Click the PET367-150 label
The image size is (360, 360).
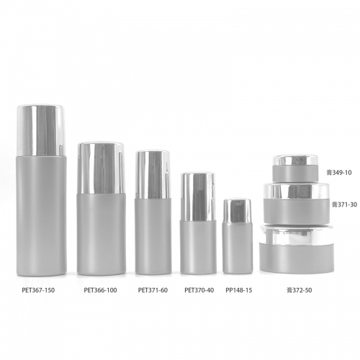[38, 290]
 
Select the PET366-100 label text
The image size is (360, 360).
[100, 290]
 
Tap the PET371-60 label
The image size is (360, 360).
[153, 290]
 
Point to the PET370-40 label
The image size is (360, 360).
[199, 290]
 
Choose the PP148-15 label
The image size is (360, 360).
[239, 290]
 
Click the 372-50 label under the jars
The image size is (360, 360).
[300, 290]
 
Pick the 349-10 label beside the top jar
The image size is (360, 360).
[339, 172]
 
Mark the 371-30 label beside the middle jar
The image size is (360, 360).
[344, 204]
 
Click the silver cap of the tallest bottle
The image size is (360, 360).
[41, 130]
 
